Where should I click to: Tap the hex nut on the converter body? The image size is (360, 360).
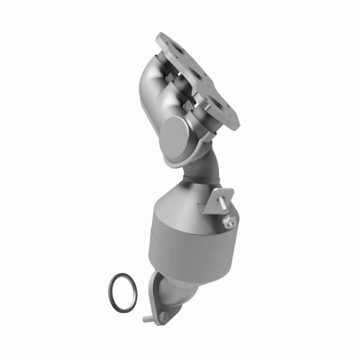point(229,223)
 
